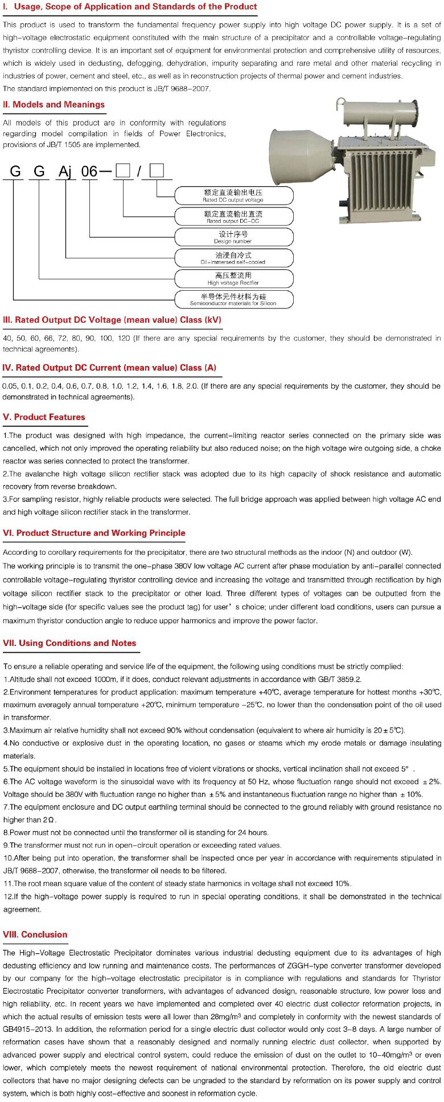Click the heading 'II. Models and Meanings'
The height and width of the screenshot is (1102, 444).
pyautogui.click(x=54, y=104)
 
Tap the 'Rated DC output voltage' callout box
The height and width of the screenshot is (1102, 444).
pyautogui.click(x=233, y=196)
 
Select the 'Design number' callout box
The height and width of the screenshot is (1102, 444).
pyautogui.click(x=233, y=237)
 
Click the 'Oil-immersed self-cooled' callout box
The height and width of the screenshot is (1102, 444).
pyautogui.click(x=233, y=258)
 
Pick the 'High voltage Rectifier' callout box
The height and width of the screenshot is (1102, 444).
pyautogui.click(x=233, y=279)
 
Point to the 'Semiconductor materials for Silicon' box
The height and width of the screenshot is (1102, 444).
pyautogui.click(x=233, y=299)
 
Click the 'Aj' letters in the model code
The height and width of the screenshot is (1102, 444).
pyautogui.click(x=65, y=171)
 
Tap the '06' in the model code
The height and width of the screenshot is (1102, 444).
pyautogui.click(x=90, y=171)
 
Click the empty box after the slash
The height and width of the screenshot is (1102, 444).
pyautogui.click(x=157, y=170)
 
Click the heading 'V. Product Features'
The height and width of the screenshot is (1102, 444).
pyautogui.click(x=44, y=417)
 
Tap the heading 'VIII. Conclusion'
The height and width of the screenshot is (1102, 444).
pyautogui.click(x=35, y=934)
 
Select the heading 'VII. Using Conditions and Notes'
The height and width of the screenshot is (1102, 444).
pyautogui.click(x=69, y=643)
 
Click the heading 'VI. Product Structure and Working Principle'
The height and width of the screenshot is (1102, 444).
pyautogui.click(x=94, y=533)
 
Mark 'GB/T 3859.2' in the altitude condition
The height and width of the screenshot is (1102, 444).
pyautogui.click(x=340, y=680)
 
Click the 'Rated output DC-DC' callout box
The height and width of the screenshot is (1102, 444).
pyautogui.click(x=233, y=217)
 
